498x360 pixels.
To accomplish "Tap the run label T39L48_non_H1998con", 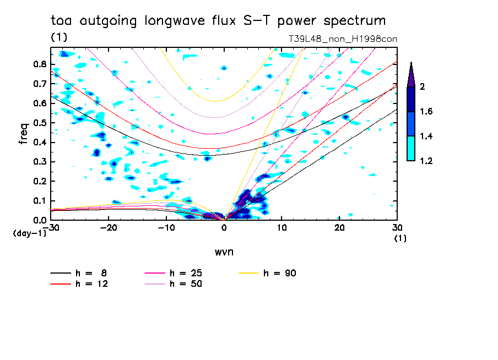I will (x=343, y=39).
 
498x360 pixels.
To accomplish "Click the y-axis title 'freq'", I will (x=24, y=134).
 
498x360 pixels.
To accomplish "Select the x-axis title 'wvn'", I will (x=224, y=252).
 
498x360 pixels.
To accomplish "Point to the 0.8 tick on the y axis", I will (x=39, y=64).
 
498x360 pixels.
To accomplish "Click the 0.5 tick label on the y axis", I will (x=39, y=123).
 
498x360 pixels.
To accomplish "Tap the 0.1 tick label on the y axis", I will (x=39, y=201).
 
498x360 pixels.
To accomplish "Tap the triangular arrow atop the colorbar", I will (x=411, y=74).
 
